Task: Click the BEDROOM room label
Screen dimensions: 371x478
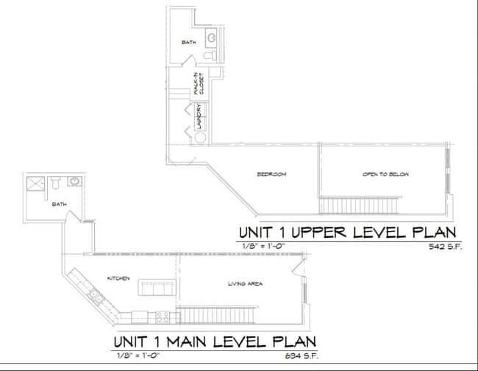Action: point(271,174)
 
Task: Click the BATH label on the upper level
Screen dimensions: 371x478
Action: point(188,42)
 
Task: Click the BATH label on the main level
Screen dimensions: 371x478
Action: point(59,205)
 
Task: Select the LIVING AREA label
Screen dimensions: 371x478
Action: point(246,283)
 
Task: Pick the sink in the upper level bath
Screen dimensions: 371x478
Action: point(211,36)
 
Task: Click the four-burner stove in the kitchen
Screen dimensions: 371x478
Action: point(163,317)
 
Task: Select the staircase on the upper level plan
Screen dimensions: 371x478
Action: point(360,203)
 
